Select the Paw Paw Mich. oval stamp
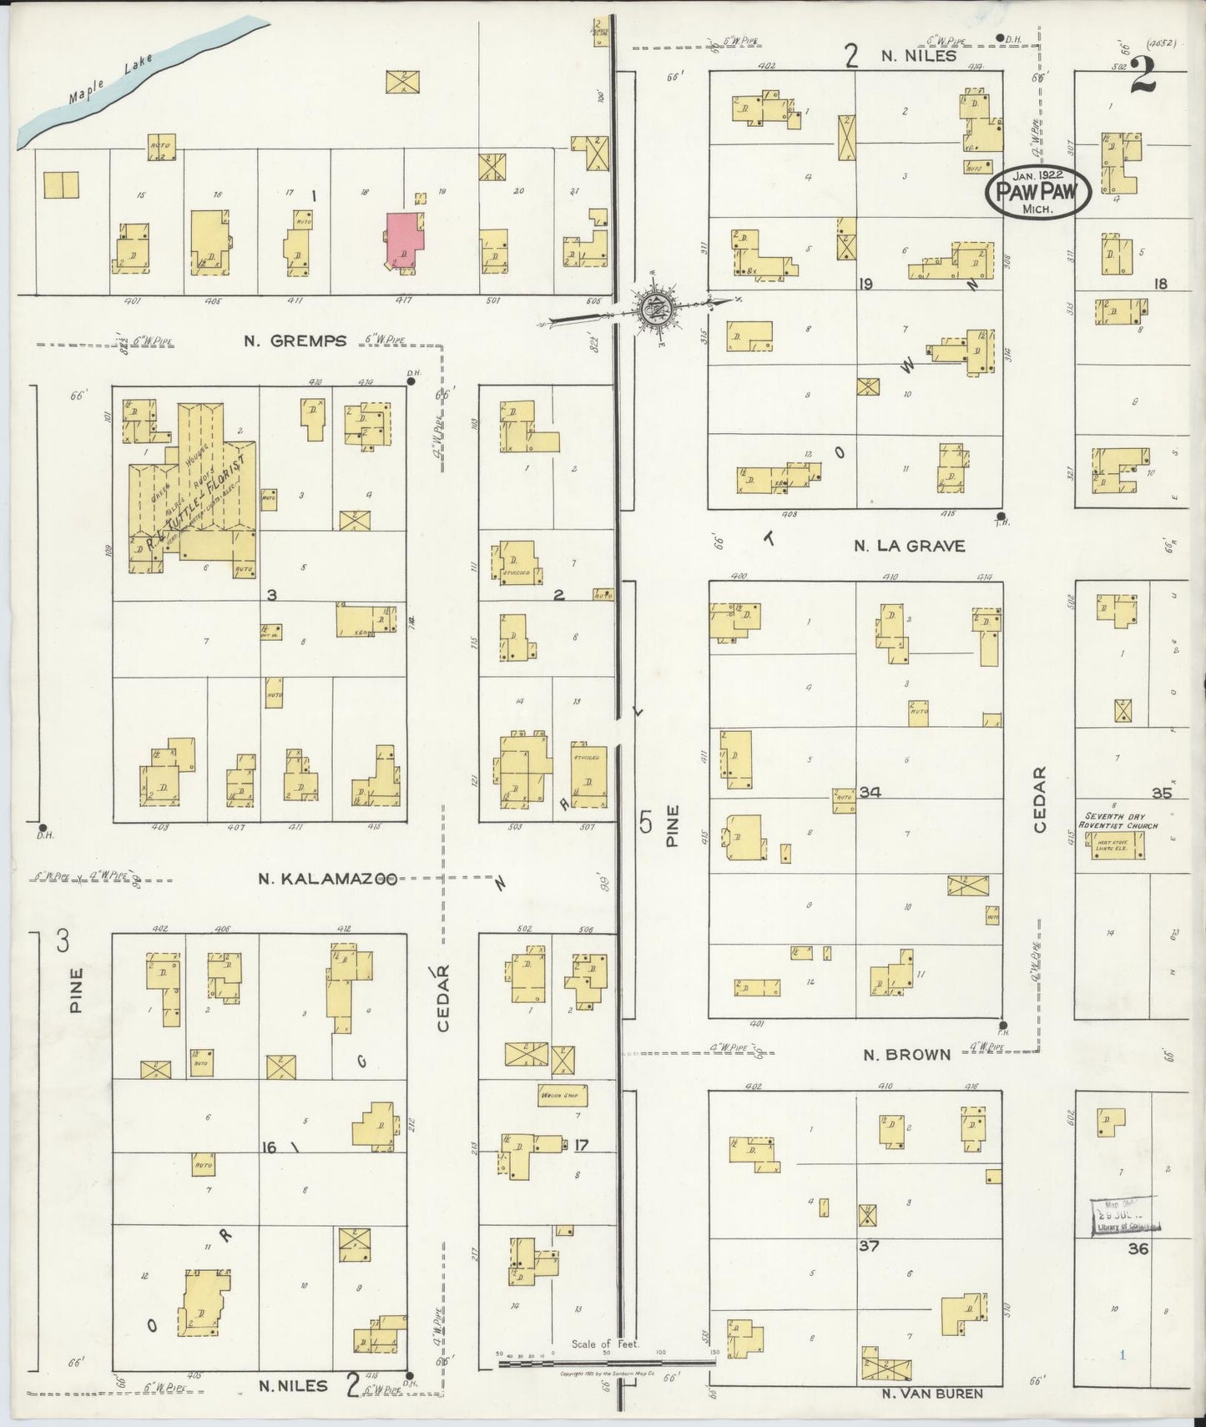(x=1038, y=194)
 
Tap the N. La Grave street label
(x=909, y=546)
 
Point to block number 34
(x=870, y=792)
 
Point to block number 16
(x=269, y=1148)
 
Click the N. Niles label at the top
(x=911, y=57)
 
